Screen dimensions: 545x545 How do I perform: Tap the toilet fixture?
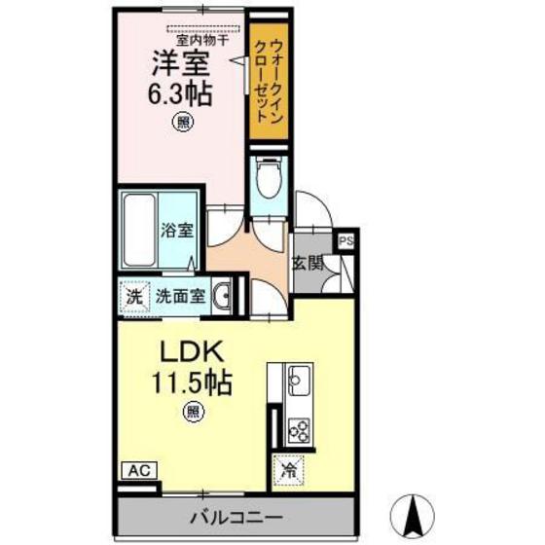tap(267, 181)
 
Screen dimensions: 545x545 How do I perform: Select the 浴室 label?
tap(177, 232)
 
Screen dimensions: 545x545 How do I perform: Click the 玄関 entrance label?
tap(307, 263)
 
